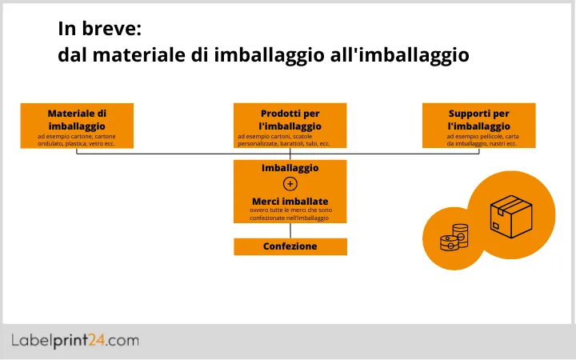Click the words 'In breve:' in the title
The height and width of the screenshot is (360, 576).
(x=99, y=29)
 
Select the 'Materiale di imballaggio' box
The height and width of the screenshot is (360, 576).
(x=77, y=125)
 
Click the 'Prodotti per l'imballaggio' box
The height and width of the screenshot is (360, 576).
(x=290, y=125)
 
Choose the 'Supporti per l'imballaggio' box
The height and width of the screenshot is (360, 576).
(x=478, y=125)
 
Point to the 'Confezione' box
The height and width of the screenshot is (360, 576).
(x=290, y=246)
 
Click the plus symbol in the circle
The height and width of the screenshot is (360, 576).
(x=290, y=184)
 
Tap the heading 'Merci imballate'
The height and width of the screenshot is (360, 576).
(x=290, y=201)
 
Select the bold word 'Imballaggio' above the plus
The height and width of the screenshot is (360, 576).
(x=290, y=168)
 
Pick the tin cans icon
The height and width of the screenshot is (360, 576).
(x=454, y=238)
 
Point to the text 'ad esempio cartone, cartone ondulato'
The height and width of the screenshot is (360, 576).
(x=77, y=140)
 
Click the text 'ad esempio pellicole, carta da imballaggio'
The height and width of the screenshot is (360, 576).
(x=481, y=140)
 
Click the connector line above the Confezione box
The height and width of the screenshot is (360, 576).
(x=290, y=230)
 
